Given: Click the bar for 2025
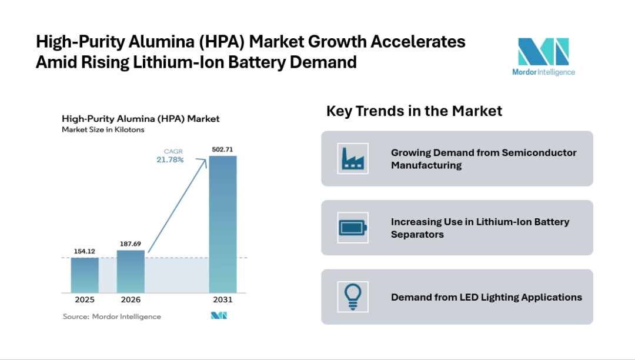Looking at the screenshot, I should point(85,275).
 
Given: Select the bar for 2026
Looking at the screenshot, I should point(131,271).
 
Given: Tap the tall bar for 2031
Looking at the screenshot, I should point(223,224).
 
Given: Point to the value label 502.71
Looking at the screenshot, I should point(223,150).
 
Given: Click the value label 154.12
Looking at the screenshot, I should point(85,252).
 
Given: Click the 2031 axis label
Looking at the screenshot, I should point(223,299).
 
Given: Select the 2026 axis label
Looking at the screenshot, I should point(131,299).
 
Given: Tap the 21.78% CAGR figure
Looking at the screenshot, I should point(170,159).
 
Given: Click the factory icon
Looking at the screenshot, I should point(353,158).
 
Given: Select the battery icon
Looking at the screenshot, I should point(353,228).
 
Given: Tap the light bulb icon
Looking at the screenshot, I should point(353,296).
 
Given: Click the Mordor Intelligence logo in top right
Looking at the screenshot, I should point(543,56).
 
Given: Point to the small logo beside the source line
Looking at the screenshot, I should point(219,316).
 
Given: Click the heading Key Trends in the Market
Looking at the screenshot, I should point(414,111).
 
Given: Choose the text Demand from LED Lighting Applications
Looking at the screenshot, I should point(486,297).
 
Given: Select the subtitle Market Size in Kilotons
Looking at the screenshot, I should point(103,129).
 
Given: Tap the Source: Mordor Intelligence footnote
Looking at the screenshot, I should point(112,316).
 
